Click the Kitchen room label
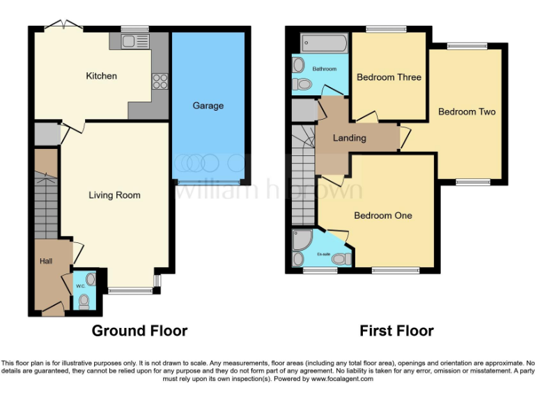pyautogui.click(x=101, y=76)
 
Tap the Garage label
pyautogui.click(x=208, y=106)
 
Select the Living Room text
pyautogui.click(x=114, y=195)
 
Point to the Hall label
pyautogui.click(x=46, y=261)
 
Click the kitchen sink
pyautogui.click(x=130, y=42)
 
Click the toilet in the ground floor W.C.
pyautogui.click(x=84, y=301)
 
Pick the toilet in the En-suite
pyautogui.click(x=340, y=259)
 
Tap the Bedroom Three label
pyautogui.click(x=389, y=77)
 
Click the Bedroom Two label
pyautogui.click(x=467, y=111)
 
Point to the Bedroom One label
pyautogui.click(x=383, y=216)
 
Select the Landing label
pyautogui.click(x=349, y=138)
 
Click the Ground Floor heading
pyautogui.click(x=139, y=331)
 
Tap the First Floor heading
pyautogui.click(x=396, y=331)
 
